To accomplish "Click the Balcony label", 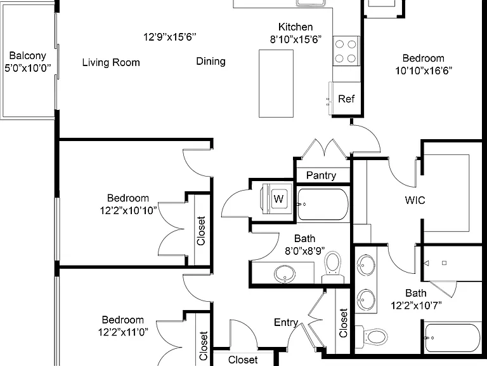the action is (28, 56).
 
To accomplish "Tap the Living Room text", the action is (111, 62).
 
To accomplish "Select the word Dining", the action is (211, 61).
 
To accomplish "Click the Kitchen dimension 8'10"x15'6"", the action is (295, 39).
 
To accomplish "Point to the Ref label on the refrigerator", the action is (346, 98).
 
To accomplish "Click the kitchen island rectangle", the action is (276, 83).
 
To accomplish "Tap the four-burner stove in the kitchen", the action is (346, 51).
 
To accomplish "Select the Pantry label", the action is (321, 175).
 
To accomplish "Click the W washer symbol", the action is (278, 198).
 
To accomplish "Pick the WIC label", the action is (415, 200).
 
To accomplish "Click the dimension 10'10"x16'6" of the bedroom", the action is (424, 71).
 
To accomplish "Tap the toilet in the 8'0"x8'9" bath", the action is (333, 267).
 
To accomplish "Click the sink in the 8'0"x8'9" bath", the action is (285, 274).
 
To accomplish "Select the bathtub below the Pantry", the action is (323, 204).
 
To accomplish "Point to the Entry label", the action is (286, 322).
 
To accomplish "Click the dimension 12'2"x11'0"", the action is (123, 332).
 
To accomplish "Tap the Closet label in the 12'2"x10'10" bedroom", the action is (201, 231).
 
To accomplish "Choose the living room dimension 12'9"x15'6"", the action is (169, 37).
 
